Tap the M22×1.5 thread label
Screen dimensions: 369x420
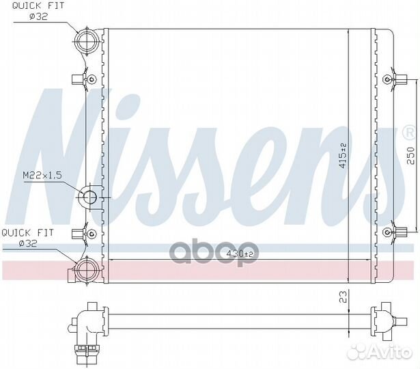click(42, 176)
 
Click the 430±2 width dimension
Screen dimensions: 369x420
click(239, 254)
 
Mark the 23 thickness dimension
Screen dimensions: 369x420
click(344, 297)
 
